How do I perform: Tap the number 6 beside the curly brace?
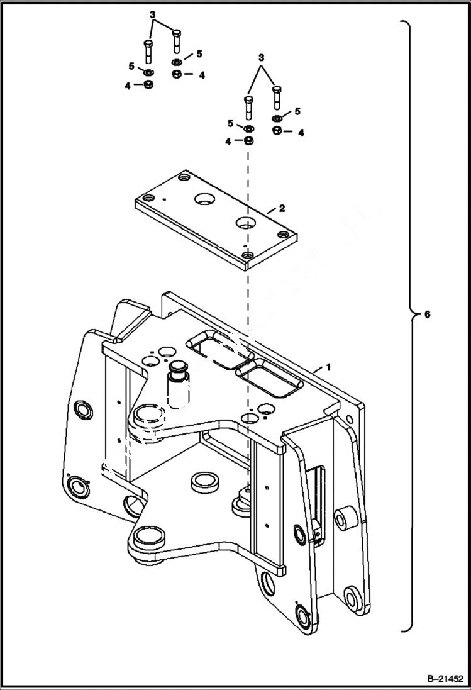pyautogui.click(x=427, y=314)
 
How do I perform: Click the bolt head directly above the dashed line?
pyautogui.click(x=248, y=101)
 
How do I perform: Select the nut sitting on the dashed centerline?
pyautogui.click(x=248, y=142)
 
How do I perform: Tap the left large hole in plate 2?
pyautogui.click(x=204, y=200)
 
